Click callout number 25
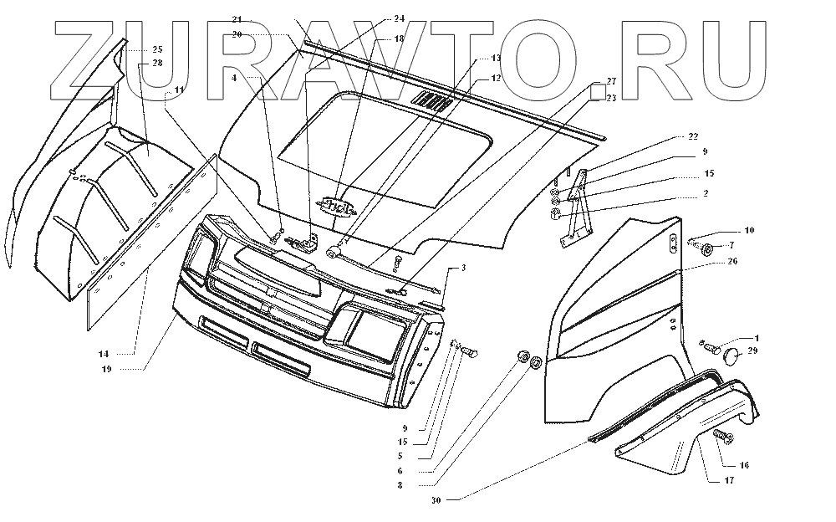pos(157,50)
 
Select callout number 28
pos(157,63)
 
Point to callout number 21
pos(237,18)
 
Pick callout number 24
pos(399,18)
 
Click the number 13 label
pos(496,58)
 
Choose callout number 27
pos(611,81)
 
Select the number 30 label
pos(436,500)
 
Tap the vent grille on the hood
pos(435,103)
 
